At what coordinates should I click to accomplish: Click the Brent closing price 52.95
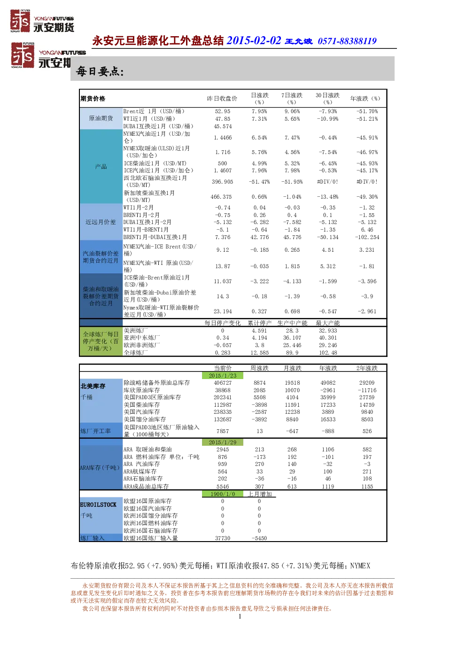pos(222,111)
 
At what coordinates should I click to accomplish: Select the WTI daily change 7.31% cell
pos(259,119)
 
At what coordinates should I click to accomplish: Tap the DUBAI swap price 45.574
pos(222,126)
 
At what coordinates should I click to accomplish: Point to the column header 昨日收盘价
pos(222,98)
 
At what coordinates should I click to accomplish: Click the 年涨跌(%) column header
pos(365,98)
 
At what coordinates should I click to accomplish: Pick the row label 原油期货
pos(101,118)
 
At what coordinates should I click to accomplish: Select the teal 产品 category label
pos(101,167)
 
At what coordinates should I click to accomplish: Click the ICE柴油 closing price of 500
pos(222,163)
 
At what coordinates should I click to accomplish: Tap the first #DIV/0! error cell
pos(327,181)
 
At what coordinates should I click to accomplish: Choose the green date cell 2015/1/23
pos(222,376)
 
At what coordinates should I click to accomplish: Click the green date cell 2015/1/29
pos(222,442)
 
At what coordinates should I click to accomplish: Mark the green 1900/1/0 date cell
pos(222,494)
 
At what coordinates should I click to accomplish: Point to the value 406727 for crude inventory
pos(222,383)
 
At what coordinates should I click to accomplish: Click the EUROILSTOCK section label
pos(98,505)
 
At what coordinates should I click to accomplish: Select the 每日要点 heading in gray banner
pos(100,71)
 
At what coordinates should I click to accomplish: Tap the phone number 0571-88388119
pos(347,41)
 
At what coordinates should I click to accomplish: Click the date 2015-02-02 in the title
pos(254,40)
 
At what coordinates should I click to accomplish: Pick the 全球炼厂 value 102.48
pos(328,352)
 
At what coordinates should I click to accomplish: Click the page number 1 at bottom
pos(240,616)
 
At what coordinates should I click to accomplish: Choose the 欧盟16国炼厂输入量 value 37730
pos(222,538)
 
